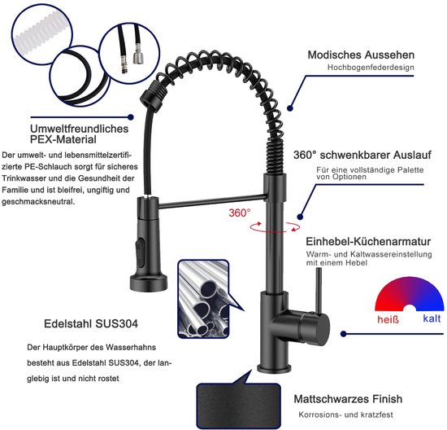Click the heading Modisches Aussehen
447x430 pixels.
point(361,55)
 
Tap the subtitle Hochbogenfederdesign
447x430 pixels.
point(371,68)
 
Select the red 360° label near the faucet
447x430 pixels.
point(240,213)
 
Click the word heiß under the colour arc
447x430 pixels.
point(388,319)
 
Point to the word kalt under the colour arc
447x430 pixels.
point(432,318)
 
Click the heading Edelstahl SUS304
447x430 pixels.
point(91,323)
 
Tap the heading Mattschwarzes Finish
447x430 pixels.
point(348,399)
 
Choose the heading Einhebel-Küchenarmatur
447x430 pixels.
point(368,241)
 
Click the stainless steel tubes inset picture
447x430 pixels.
point(203,299)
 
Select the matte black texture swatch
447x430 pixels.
point(239,406)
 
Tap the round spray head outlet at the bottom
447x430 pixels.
point(149,283)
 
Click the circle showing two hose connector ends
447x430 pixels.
point(129,54)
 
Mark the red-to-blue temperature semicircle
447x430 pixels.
point(410,293)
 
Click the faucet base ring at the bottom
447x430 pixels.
point(274,368)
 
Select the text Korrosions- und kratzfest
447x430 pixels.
point(345,415)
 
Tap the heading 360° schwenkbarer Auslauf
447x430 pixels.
point(362,155)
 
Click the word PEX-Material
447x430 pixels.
point(63,140)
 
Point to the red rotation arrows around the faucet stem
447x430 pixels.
point(275,227)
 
